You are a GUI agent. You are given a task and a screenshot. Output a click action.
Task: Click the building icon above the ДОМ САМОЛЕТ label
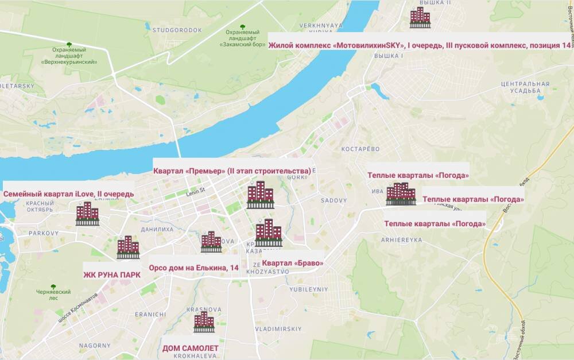click(204, 322)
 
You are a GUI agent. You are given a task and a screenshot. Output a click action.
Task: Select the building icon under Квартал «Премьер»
click(260, 195)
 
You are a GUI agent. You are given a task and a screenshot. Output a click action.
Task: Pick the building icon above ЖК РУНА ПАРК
click(128, 247)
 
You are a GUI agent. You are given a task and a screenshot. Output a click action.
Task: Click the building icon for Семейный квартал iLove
click(87, 213)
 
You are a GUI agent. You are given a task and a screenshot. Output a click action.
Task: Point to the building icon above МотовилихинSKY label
click(420, 17)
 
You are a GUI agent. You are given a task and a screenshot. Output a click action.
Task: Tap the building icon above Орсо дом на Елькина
click(211, 242)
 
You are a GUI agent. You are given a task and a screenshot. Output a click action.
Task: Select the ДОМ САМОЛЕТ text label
click(191, 349)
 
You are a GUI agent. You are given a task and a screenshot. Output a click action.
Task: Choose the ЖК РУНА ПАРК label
click(112, 274)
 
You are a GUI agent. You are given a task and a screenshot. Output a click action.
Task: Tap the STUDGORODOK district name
click(177, 29)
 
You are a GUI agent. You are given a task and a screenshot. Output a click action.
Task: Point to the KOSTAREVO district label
click(360, 149)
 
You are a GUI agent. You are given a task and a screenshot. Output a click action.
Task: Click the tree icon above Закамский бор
click(242, 27)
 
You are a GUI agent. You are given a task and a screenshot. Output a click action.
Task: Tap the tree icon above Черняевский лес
click(53, 287)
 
